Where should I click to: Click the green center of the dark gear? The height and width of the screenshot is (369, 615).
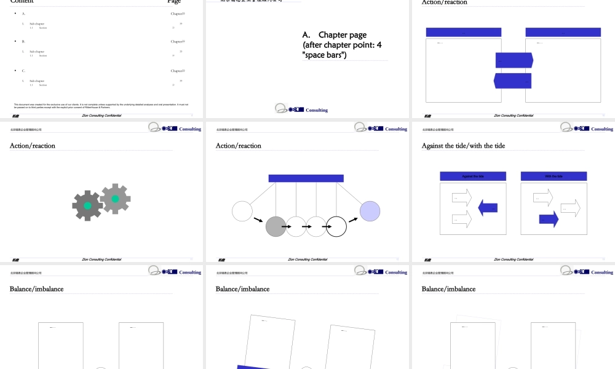pyautogui.click(x=87, y=205)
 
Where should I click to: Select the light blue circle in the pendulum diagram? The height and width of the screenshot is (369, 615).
pyautogui.click(x=370, y=211)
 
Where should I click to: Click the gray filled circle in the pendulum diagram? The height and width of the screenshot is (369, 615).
pyautogui.click(x=276, y=226)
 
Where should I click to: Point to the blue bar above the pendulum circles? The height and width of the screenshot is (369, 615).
pyautogui.click(x=306, y=178)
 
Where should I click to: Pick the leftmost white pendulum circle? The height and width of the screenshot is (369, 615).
pyautogui.click(x=242, y=211)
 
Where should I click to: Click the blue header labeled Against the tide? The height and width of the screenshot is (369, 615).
pyautogui.click(x=473, y=177)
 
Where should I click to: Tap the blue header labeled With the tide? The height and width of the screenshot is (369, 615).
pyautogui.click(x=553, y=177)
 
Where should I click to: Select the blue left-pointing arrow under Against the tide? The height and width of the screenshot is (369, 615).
pyautogui.click(x=488, y=208)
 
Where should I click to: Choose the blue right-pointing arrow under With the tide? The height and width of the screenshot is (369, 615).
pyautogui.click(x=549, y=219)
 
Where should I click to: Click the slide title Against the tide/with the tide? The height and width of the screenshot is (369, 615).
pyautogui.click(x=463, y=146)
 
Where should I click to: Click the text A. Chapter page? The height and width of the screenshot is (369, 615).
pyautogui.click(x=343, y=35)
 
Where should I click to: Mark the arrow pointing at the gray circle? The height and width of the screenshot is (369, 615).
pyautogui.click(x=260, y=220)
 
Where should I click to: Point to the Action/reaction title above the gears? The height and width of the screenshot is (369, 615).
pyautogui.click(x=33, y=146)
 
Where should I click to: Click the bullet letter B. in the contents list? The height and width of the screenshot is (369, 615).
pyautogui.click(x=23, y=41)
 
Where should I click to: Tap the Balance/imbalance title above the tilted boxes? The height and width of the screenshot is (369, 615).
pyautogui.click(x=242, y=289)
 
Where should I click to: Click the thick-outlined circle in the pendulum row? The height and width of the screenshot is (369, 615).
pyautogui.click(x=336, y=226)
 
